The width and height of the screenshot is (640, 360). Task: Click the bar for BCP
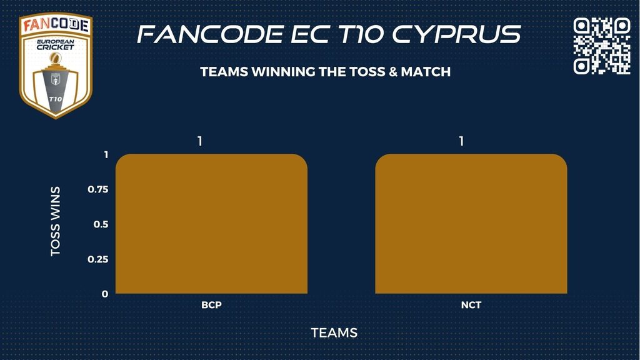click(211, 224)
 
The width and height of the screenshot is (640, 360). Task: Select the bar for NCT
click(471, 224)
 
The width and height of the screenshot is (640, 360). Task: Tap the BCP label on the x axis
click(211, 305)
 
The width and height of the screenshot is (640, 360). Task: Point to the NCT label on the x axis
click(471, 305)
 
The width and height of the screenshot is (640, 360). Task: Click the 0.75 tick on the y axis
click(98, 189)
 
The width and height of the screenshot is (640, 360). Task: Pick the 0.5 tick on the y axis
click(101, 224)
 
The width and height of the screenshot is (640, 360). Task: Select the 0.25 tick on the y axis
click(98, 259)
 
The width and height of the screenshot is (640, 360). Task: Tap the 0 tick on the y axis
click(105, 294)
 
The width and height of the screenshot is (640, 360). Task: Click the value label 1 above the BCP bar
click(199, 141)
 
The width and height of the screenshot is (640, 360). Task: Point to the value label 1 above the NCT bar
click(461, 141)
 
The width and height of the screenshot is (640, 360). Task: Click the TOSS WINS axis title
click(56, 222)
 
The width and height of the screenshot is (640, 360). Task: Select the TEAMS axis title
click(334, 333)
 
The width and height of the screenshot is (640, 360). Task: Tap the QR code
click(602, 46)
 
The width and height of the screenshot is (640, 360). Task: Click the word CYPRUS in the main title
click(457, 34)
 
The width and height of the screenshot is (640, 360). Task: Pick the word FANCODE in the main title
click(210, 34)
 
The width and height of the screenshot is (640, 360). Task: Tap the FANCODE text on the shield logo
click(56, 25)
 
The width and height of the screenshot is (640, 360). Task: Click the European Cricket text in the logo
click(56, 44)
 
